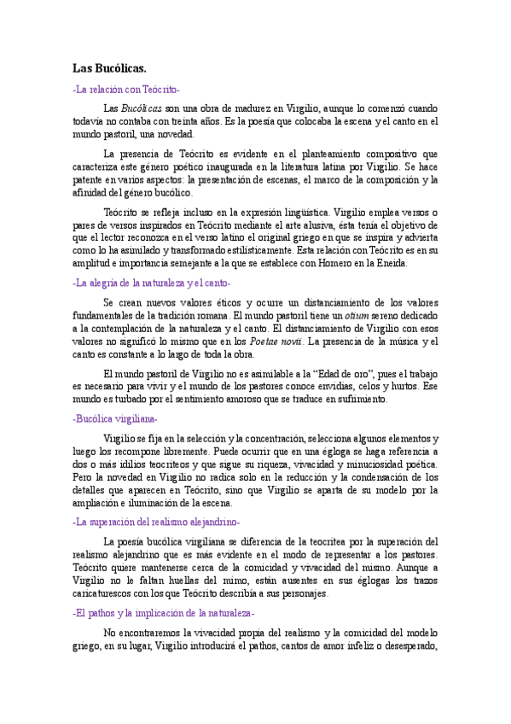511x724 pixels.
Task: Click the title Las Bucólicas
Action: tap(108, 67)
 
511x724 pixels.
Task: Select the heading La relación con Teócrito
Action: tap(126, 89)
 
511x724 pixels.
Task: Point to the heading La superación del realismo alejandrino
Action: tap(155, 521)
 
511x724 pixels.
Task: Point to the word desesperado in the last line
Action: tap(409, 645)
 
